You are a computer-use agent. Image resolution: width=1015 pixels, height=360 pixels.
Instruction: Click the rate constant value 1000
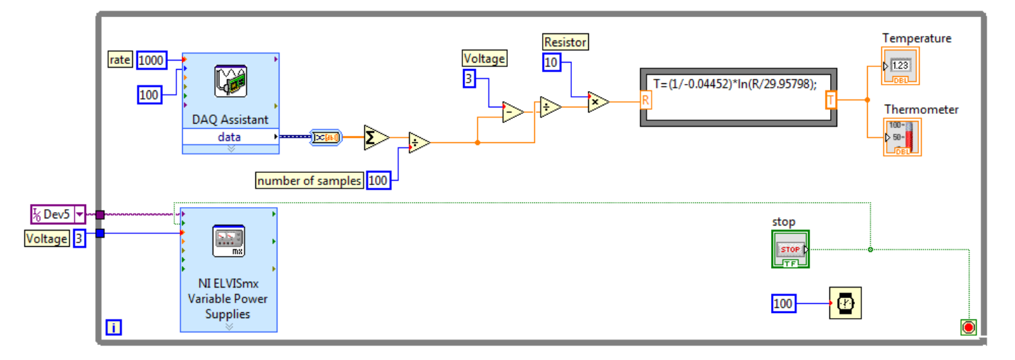tap(151, 60)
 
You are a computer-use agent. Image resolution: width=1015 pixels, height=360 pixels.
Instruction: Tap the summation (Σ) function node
tap(374, 137)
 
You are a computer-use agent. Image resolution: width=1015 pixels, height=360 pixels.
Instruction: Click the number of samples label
tap(309, 181)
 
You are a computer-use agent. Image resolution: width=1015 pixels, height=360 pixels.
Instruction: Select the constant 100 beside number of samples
tap(378, 181)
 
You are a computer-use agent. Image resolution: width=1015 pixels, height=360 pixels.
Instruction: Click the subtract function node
tap(512, 112)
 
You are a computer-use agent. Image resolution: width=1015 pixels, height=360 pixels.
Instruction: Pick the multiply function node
tap(597, 102)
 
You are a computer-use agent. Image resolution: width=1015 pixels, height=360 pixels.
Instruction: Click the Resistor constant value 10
tap(552, 63)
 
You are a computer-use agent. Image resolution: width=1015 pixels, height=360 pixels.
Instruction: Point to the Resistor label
tap(565, 43)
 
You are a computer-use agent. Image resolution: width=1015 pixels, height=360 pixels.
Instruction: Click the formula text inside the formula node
tap(735, 84)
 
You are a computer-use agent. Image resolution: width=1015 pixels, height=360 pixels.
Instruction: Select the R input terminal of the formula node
tap(646, 100)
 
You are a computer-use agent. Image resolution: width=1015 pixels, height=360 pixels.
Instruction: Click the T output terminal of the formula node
tap(831, 100)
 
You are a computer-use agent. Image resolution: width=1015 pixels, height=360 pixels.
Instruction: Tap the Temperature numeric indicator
tap(900, 66)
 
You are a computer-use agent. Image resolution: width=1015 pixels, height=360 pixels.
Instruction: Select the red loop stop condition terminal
tap(968, 327)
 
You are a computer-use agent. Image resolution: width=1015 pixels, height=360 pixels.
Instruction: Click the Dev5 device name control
tap(58, 213)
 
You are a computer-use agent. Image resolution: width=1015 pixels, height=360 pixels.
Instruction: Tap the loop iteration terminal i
tap(113, 327)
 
